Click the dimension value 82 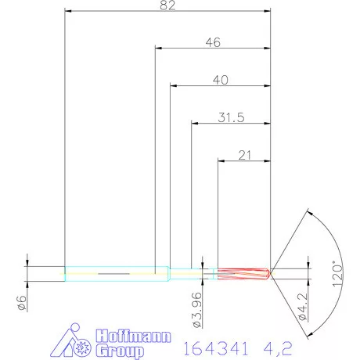tap(167, 5)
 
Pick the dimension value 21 tap(243, 155)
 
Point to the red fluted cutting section tap(243, 274)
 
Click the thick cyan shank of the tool tap(117, 274)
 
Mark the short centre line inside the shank tap(113, 274)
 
